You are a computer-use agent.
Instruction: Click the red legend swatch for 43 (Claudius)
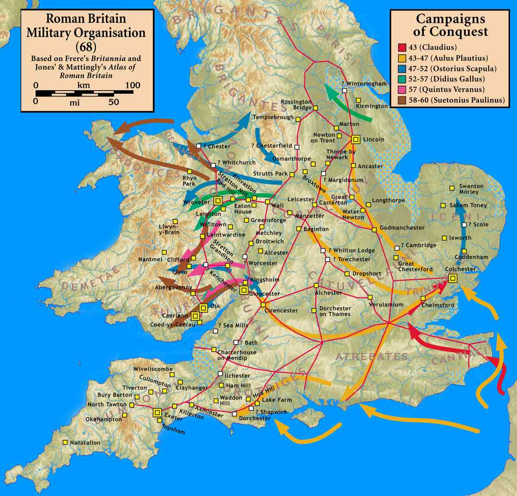point(402,48)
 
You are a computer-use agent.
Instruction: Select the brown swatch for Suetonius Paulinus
point(402,100)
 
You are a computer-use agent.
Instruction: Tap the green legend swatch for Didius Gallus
point(402,79)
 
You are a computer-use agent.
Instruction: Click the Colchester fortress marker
point(452,278)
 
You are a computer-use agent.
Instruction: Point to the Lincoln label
point(373,140)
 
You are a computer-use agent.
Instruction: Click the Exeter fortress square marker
point(157,412)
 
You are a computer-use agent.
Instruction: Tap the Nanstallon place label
point(85,443)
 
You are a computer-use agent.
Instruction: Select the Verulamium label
point(386,305)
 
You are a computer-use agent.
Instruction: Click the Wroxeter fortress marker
point(218,200)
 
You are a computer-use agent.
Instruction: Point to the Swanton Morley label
point(471,189)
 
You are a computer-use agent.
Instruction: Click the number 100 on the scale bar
point(133,85)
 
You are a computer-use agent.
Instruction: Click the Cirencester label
point(281,311)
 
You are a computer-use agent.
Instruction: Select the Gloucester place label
point(265,294)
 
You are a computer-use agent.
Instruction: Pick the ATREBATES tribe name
point(371,357)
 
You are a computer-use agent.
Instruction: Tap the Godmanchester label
point(402,228)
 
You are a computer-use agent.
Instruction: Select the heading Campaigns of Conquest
point(451,25)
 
